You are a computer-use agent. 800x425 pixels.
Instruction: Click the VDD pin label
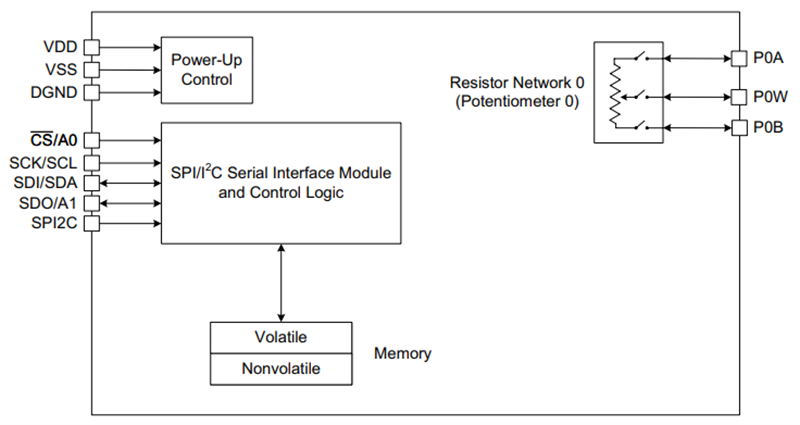(60, 47)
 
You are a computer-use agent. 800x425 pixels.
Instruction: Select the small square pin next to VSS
(91, 70)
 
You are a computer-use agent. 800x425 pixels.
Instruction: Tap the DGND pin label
(55, 92)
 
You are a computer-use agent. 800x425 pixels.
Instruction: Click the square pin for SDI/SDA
(91, 183)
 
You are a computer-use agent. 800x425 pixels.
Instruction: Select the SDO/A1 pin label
(49, 203)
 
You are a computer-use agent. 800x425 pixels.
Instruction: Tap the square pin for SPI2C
(91, 224)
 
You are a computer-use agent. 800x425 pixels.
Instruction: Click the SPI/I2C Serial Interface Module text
(280, 173)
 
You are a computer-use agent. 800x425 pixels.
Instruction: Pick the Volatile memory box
(280, 336)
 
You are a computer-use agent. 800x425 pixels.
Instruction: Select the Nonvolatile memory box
(280, 368)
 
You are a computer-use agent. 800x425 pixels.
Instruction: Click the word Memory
(402, 353)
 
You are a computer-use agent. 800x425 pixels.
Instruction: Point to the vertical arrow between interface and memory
(281, 282)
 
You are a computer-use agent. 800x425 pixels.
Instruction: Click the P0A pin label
(767, 58)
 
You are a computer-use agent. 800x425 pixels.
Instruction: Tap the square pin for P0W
(739, 96)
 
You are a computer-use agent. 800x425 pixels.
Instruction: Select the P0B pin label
(767, 127)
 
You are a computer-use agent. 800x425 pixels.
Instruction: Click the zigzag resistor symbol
(614, 95)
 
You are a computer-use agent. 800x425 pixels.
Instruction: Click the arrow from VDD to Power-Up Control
(129, 47)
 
